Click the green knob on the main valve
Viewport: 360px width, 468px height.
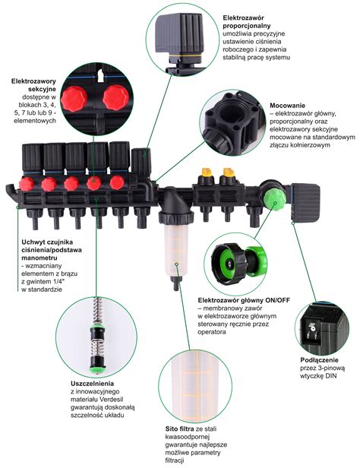point(274,199)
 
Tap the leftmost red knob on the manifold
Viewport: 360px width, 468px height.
point(27,184)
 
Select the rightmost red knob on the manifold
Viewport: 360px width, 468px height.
point(117,182)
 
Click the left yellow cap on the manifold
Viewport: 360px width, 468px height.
point(207,172)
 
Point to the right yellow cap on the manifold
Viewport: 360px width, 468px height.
point(229,172)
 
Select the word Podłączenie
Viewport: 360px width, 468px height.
point(320,360)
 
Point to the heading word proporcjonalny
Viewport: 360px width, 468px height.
point(247,26)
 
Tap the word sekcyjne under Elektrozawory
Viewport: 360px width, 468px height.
point(42,89)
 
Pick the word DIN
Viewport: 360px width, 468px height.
point(331,376)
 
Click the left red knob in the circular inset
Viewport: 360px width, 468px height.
point(74,99)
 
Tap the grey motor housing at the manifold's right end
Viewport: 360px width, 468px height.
point(305,202)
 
